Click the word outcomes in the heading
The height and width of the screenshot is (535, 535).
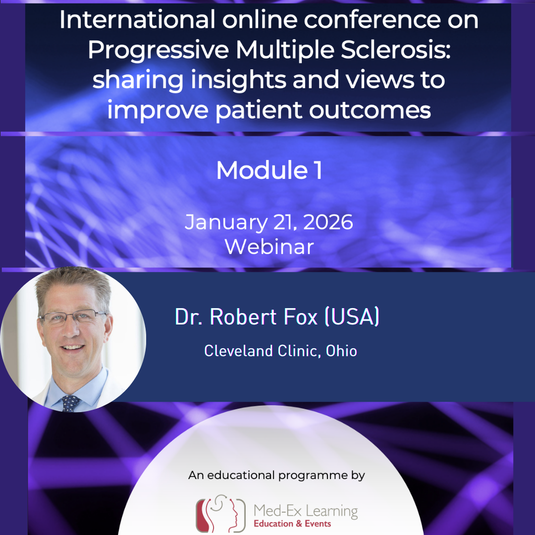(370, 109)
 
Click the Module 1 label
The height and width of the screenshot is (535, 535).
(269, 170)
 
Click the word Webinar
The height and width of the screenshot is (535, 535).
(269, 246)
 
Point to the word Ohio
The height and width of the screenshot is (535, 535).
(341, 351)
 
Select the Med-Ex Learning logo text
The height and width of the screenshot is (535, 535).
(305, 510)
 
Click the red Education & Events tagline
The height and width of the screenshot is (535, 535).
(292, 524)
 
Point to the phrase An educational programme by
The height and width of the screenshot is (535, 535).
(276, 476)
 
